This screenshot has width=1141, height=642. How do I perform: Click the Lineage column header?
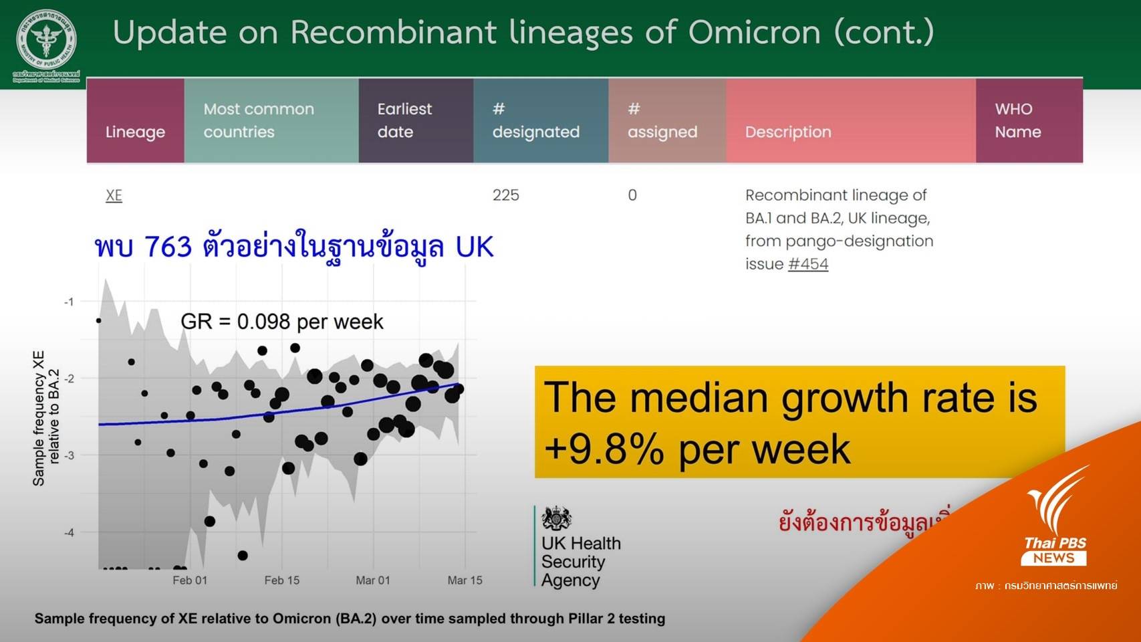pos(135,132)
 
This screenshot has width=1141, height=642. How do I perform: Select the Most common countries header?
pos(259,120)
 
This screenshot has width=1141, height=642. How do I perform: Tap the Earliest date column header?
pos(404,120)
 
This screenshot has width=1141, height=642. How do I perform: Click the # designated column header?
pos(535,120)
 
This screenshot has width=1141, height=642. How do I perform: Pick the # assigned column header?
pos(662,120)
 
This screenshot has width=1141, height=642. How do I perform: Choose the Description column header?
pos(788,132)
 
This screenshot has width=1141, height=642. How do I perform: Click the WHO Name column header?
pos(1017,120)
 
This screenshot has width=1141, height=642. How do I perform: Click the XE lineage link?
pos(114,195)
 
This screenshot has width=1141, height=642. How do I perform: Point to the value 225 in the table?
pos(505,195)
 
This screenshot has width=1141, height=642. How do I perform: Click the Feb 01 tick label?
pos(190,580)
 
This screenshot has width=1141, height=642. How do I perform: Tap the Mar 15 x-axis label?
pos(465,580)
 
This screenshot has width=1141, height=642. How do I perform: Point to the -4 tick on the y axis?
pos(69,533)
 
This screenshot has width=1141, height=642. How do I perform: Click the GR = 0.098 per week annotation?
pos(281,322)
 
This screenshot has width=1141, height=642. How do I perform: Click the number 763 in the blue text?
pos(168,247)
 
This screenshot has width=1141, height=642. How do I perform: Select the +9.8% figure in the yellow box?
pos(604,449)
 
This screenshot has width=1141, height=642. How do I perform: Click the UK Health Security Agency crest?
pos(556,518)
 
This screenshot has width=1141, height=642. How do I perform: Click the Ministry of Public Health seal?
pos(46,39)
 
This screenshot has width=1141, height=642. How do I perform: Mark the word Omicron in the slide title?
pos(754,31)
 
